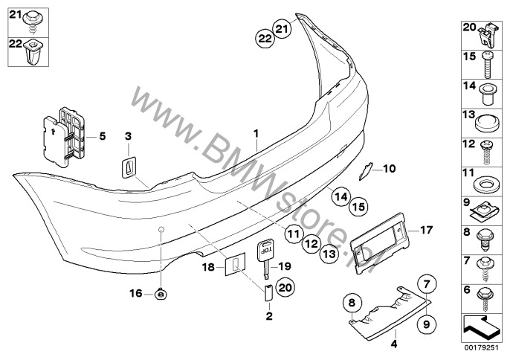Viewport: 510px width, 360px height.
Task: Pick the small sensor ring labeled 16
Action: pyautogui.click(x=161, y=295)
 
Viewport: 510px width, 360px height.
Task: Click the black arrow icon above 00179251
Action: pyautogui.click(x=480, y=324)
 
